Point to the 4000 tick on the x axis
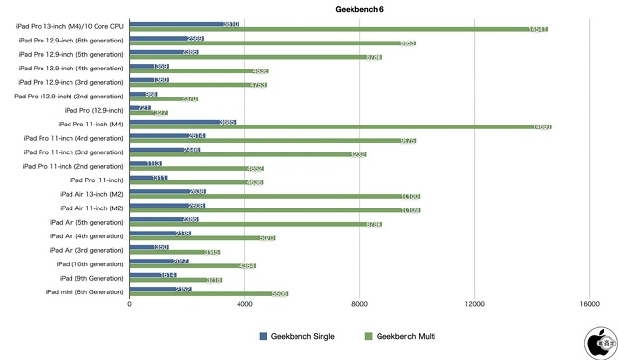coord(244,305)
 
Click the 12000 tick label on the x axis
coord(474,305)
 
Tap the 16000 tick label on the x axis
coord(588,305)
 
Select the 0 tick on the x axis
coord(129,305)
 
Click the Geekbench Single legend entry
coord(295,335)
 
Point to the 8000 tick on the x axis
coord(359,305)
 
